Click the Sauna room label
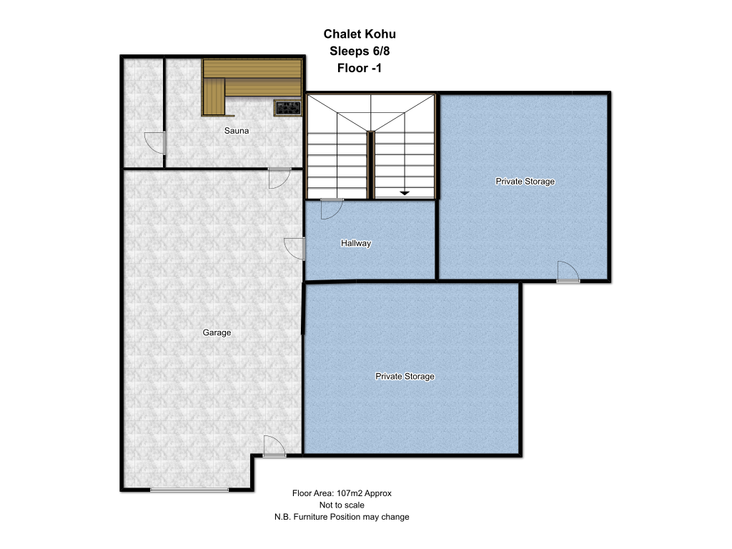[236, 131]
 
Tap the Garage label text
[217, 332]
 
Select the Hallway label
[356, 243]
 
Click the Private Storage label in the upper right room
[525, 181]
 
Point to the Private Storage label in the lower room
[405, 376]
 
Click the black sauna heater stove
[287, 108]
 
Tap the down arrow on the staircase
[405, 193]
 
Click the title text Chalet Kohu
[360, 34]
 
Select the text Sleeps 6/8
[360, 51]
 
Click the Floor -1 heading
[360, 68]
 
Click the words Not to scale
[342, 505]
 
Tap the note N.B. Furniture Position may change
[342, 517]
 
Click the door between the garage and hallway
[295, 249]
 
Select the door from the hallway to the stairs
[332, 209]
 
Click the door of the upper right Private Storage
[568, 272]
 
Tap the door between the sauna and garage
[280, 178]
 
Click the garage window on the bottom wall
[189, 490]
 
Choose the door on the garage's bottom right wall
[274, 446]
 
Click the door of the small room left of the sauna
[155, 143]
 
